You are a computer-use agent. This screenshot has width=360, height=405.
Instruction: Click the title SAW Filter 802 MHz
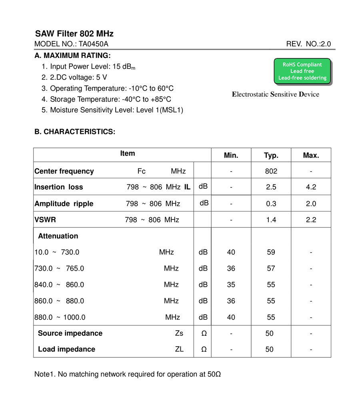pyautogui.click(x=74, y=34)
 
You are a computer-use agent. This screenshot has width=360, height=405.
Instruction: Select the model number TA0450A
pyautogui.click(x=93, y=44)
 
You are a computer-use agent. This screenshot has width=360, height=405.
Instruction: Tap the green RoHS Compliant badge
pyautogui.click(x=302, y=71)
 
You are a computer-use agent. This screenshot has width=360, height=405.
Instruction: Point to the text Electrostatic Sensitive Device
pyautogui.click(x=276, y=94)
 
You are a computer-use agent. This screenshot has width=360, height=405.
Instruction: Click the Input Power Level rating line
pyautogui.click(x=92, y=67)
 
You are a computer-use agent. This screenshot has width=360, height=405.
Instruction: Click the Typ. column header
pyautogui.click(x=271, y=156)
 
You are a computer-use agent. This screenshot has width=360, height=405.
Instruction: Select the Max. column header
pyautogui.click(x=311, y=156)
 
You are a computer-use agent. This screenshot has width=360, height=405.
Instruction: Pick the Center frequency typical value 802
pyautogui.click(x=271, y=171)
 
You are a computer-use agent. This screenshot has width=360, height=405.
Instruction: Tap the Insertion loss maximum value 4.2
pyautogui.click(x=311, y=187)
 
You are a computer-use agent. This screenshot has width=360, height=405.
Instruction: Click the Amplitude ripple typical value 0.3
pyautogui.click(x=271, y=203)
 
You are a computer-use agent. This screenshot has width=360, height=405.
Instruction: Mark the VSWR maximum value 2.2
pyautogui.click(x=311, y=219)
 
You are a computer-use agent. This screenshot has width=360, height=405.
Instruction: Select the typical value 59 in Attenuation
pyautogui.click(x=271, y=252)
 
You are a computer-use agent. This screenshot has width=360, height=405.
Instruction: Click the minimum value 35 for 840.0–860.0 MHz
pyautogui.click(x=231, y=285)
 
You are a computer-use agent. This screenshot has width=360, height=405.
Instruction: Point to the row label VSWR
pyautogui.click(x=45, y=219)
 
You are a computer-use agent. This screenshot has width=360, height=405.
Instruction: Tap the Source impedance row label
pyautogui.click(x=70, y=333)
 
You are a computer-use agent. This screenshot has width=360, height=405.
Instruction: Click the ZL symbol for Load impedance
pyautogui.click(x=179, y=349)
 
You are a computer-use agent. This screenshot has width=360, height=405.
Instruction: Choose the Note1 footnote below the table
pyautogui.click(x=128, y=374)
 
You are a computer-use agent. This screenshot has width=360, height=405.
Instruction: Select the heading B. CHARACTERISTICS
pyautogui.click(x=75, y=132)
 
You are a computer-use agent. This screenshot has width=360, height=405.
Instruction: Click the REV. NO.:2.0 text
pyautogui.click(x=308, y=44)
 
